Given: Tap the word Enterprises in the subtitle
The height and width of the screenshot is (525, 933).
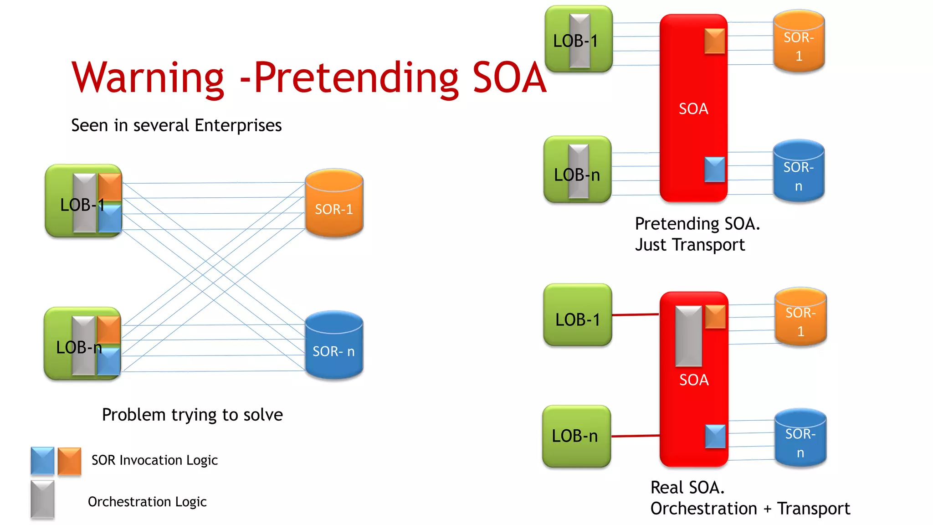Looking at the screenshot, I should click(x=238, y=125).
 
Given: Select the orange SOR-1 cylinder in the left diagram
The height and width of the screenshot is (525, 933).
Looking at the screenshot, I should click(x=334, y=204).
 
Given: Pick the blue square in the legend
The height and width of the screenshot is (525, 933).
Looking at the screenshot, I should click(x=42, y=461).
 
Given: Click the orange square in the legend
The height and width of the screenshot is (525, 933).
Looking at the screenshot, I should click(x=70, y=461).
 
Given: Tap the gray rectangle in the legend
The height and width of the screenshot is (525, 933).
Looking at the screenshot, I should click(x=42, y=499).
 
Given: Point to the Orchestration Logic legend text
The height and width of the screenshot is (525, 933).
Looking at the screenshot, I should click(x=147, y=502).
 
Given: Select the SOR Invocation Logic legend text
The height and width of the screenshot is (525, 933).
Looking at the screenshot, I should click(x=154, y=460).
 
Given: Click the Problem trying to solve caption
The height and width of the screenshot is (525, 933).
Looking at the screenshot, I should click(x=192, y=415).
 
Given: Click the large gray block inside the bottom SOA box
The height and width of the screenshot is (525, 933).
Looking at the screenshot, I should click(x=688, y=336).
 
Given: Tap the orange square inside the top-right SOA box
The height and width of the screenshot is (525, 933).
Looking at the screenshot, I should click(x=714, y=41).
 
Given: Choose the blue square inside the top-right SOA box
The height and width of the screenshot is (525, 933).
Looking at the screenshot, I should click(x=714, y=170).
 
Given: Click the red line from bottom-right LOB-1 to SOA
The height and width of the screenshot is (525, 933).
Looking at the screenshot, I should click(x=636, y=314).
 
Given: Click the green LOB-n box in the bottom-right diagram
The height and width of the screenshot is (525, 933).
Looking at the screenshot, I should click(x=576, y=436).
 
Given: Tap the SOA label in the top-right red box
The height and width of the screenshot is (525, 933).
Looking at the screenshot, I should click(x=693, y=109).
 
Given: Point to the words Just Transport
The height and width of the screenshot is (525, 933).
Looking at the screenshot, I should click(x=690, y=245).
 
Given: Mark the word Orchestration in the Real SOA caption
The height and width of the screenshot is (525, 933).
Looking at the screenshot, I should click(x=703, y=509).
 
